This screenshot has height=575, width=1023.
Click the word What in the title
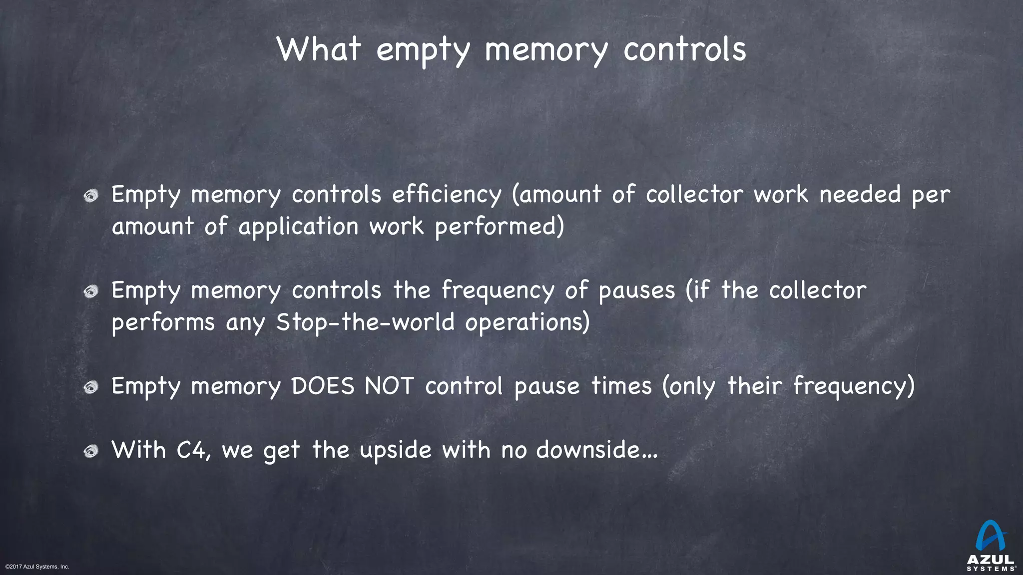click(319, 49)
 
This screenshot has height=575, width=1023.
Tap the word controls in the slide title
click(684, 49)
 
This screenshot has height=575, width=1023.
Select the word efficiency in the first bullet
click(446, 194)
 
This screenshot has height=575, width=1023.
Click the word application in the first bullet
click(298, 227)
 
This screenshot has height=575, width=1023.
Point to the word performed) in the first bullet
click(499, 227)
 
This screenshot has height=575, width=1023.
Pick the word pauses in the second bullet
click(636, 290)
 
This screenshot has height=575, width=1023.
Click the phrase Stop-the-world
click(365, 322)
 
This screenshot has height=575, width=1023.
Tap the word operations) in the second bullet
click(527, 322)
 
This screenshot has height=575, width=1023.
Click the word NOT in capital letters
click(389, 386)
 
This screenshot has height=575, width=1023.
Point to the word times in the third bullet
click(621, 386)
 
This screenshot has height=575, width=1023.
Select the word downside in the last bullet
click(589, 450)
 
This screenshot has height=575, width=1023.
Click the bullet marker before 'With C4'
click(91, 451)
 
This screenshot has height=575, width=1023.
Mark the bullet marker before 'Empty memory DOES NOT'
click(91, 387)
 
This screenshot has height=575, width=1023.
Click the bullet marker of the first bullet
click(91, 196)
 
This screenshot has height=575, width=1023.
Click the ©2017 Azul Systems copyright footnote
click(37, 567)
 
